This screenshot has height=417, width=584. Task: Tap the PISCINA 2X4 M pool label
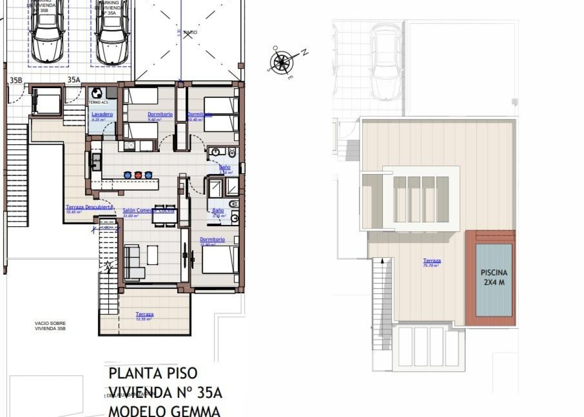(x=494, y=277)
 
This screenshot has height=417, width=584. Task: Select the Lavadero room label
(x=102, y=115)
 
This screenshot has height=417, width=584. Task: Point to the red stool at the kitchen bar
(x=138, y=175)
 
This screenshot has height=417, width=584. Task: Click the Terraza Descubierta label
(x=89, y=207)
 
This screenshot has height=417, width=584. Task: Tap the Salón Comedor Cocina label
(x=148, y=210)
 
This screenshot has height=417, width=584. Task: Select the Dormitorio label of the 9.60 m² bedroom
(x=160, y=115)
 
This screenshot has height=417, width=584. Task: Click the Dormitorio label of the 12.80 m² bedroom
(x=212, y=240)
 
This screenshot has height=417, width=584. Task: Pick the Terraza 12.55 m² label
(x=144, y=314)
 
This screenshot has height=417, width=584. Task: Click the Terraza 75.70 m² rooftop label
(x=431, y=261)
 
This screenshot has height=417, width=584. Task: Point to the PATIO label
(x=190, y=33)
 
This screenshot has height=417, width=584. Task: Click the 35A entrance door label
(x=73, y=80)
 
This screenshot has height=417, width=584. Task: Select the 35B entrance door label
(x=16, y=80)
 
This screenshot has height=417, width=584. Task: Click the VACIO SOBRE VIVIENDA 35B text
(x=50, y=326)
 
